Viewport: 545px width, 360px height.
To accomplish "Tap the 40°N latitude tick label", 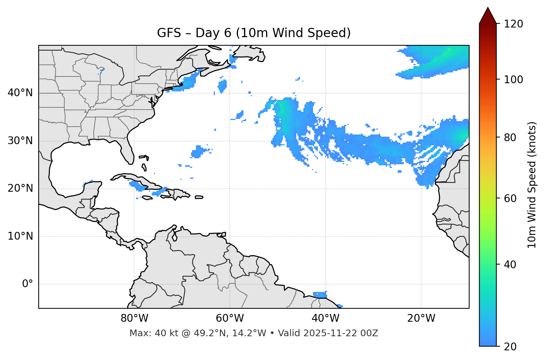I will (x=20, y=93).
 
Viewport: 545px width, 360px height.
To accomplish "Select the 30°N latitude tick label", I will (x=20, y=141).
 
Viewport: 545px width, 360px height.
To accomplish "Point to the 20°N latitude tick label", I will (x=20, y=188).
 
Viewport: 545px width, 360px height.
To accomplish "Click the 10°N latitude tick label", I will (x=20, y=236).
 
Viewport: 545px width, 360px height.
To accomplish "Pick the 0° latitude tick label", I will (x=28, y=284).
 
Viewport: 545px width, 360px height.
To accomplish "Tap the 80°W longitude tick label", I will (x=134, y=318).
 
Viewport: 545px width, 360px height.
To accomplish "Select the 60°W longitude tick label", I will (x=230, y=318).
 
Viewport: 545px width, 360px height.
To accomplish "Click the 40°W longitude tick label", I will (x=325, y=318).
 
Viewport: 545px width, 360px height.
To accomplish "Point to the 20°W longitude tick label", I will (x=421, y=318).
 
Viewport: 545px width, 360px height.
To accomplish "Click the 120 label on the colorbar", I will (x=513, y=24).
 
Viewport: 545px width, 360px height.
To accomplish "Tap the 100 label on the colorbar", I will (x=513, y=80).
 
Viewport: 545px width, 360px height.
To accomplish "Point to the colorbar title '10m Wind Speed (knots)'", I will (x=532, y=185).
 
